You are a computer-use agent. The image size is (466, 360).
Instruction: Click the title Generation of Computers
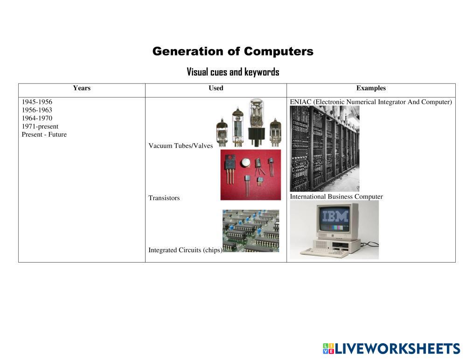click(233, 51)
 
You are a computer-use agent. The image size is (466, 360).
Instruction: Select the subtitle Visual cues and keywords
click(233, 72)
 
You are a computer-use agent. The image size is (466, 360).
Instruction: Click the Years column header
click(82, 88)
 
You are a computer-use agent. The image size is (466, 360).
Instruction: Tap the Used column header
click(216, 88)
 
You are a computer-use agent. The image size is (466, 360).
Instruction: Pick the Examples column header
click(371, 88)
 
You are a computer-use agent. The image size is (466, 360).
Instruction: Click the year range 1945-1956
click(37, 102)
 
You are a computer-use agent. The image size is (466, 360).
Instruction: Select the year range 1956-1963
click(37, 110)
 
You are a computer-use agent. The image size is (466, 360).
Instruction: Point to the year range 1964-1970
click(37, 118)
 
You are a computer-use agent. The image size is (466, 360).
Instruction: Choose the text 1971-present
click(40, 126)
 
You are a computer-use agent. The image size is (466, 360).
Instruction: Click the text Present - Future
click(44, 135)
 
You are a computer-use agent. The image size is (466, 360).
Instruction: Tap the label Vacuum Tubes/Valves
click(181, 146)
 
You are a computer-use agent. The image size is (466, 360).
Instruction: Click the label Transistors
click(164, 198)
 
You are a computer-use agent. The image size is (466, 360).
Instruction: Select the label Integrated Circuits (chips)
click(185, 250)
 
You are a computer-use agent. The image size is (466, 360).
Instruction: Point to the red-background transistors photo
click(250, 175)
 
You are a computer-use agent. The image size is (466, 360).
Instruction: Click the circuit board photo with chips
click(251, 231)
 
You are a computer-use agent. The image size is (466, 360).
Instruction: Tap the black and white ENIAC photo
click(325, 148)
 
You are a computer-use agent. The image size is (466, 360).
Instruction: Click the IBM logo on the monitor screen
click(335, 216)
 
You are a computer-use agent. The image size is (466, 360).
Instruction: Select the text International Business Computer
click(336, 197)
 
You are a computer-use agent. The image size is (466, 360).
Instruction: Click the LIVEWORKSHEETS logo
click(392, 348)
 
